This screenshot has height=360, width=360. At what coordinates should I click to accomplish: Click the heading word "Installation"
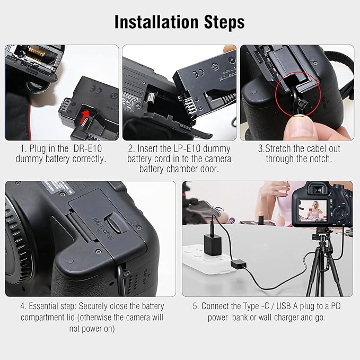(x=156, y=22)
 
